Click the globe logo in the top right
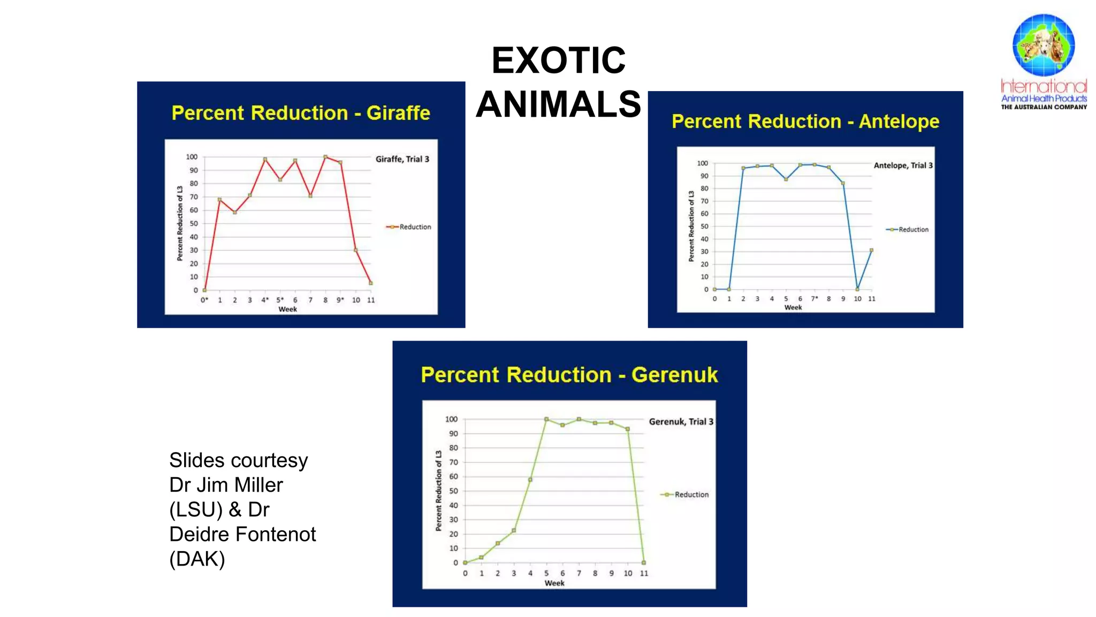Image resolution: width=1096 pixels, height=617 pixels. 1043,45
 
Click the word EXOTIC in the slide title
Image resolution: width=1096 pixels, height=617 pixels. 558,60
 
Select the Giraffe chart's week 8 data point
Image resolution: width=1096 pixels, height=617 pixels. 325,157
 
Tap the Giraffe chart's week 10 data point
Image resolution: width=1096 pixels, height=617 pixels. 355,250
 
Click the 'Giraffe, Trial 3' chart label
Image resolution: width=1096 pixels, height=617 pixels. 402,159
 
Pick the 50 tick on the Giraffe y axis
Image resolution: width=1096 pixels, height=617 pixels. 194,223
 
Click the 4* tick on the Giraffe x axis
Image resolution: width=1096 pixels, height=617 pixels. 265,300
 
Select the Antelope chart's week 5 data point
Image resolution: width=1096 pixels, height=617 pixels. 786,179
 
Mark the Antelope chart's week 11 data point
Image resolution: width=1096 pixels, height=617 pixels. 872,250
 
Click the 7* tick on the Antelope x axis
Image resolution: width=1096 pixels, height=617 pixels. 815,299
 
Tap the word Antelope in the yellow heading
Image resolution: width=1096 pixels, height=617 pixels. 899,122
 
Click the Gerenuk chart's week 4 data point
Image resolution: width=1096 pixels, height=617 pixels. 530,480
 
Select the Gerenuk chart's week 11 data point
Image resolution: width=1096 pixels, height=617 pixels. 644,563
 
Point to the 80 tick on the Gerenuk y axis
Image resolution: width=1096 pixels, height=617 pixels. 453,448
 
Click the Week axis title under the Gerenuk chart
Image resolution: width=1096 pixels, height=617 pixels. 554,583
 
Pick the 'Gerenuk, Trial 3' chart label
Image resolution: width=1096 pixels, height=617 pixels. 681,422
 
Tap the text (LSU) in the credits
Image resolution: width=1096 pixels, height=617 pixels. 195,510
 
